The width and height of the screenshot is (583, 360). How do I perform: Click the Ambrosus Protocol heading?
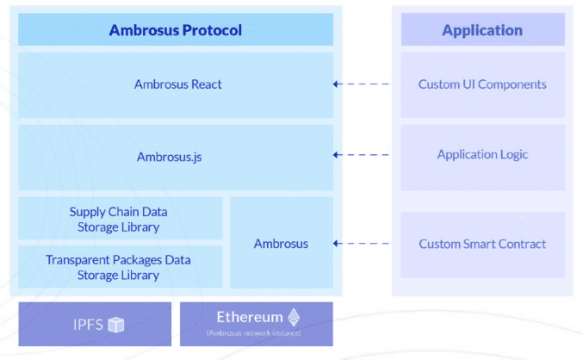point(175,30)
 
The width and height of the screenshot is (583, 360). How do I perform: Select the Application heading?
point(482,30)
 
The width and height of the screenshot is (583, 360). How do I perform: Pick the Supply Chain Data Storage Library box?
point(120,219)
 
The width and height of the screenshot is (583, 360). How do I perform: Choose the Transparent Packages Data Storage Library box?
point(120,267)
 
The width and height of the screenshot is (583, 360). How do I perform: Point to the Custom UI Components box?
point(482,84)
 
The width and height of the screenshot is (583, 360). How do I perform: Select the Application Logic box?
point(482,155)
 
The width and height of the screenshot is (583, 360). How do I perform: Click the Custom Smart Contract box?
point(482,244)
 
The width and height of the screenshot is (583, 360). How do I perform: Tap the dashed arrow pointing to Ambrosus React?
point(363,84)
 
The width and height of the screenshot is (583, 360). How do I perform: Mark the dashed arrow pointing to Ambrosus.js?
point(363,156)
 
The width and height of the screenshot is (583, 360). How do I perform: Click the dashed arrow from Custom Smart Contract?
point(363,244)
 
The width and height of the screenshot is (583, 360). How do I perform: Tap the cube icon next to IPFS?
point(115,325)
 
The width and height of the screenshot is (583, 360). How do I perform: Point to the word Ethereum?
point(249,316)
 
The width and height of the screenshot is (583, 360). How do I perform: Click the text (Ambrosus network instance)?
point(256,333)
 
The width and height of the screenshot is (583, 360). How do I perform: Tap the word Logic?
point(512,155)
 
